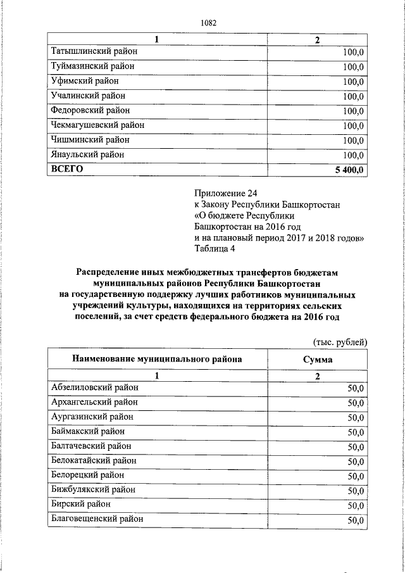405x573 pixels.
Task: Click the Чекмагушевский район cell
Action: click(97, 125)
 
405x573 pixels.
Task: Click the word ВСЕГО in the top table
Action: click(67, 169)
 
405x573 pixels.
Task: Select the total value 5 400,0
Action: click(348, 170)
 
